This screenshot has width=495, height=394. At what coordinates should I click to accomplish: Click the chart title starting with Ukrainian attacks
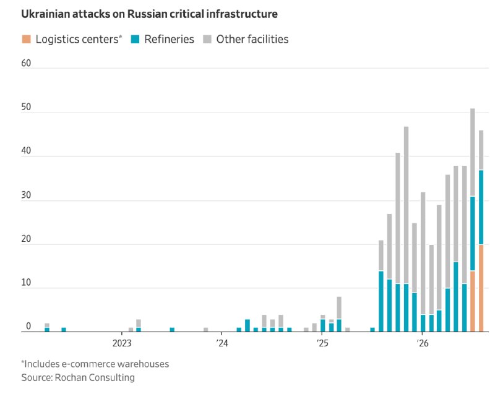click(x=149, y=14)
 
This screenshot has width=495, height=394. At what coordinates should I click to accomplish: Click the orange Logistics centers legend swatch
click(x=26, y=39)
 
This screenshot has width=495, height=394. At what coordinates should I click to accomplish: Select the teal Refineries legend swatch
click(x=135, y=39)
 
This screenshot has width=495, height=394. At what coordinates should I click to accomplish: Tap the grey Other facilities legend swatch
click(x=207, y=39)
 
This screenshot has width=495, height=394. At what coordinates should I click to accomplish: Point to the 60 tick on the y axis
click(x=26, y=63)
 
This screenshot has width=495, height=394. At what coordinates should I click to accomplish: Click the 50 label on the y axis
click(x=26, y=107)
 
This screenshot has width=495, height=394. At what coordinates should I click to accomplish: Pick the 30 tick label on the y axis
click(x=26, y=195)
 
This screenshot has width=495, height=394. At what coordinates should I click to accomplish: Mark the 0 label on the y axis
click(x=28, y=326)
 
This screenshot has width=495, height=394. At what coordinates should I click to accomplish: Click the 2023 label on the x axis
click(x=122, y=343)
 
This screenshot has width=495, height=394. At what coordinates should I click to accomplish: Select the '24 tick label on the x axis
click(x=222, y=343)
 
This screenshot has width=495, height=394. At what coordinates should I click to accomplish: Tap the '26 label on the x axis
click(x=423, y=343)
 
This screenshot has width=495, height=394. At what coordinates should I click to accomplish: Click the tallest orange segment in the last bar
click(x=481, y=288)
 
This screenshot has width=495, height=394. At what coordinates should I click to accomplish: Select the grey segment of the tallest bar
click(x=473, y=152)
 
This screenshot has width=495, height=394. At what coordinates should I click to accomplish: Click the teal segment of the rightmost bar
click(x=481, y=207)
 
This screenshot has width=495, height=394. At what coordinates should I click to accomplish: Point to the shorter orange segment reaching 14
click(x=473, y=301)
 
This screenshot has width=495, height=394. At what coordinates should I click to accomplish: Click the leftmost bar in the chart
click(x=47, y=327)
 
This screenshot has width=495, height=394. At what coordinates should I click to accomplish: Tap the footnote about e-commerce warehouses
click(x=95, y=364)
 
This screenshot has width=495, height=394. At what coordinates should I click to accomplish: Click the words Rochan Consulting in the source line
click(x=95, y=377)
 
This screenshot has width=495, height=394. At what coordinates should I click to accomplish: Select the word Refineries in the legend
click(x=169, y=39)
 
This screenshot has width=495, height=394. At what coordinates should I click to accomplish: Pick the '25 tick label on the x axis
click(x=322, y=343)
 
